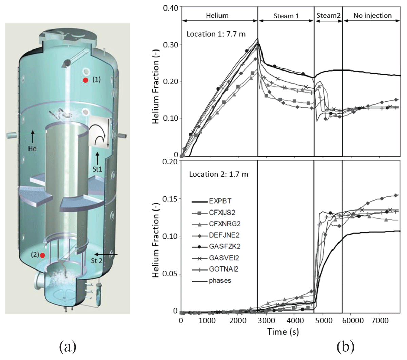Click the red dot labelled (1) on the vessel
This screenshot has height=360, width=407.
(85, 80)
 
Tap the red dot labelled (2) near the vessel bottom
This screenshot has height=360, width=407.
(42, 255)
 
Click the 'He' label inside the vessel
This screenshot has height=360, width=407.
(32, 149)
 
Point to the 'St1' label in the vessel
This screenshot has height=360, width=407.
(97, 169)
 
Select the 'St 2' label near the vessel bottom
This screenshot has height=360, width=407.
(97, 261)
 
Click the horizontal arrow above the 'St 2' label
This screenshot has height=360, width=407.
(106, 254)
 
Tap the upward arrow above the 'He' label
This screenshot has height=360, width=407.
(33, 137)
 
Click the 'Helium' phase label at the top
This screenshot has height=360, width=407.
(217, 16)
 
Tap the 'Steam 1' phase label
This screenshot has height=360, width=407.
(286, 16)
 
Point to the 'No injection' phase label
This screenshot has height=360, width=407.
(372, 16)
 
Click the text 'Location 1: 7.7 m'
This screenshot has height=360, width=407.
(216, 34)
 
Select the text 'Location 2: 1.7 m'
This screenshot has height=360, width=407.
(218, 174)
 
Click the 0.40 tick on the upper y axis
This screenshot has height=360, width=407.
(171, 8)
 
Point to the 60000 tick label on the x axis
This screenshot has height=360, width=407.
(353, 320)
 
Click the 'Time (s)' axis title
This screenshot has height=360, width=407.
(283, 332)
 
